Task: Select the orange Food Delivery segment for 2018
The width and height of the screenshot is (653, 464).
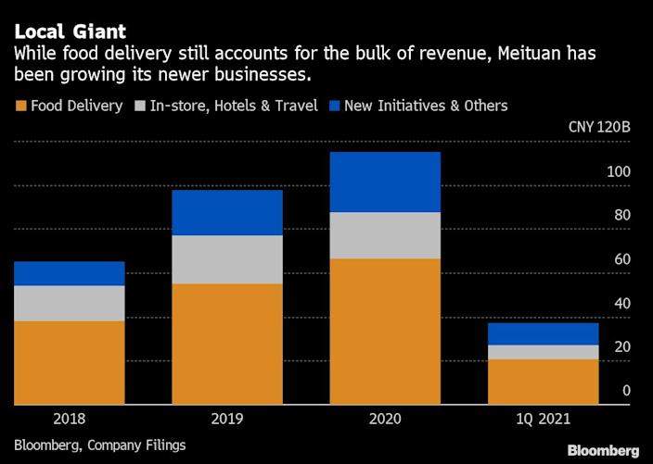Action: point(70,362)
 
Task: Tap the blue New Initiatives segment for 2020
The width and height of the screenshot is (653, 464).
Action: point(385,182)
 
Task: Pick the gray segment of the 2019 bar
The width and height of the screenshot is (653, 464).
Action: point(227,259)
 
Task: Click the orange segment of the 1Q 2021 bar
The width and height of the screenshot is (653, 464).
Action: point(543,382)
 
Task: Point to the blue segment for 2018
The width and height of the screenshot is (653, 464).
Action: point(70,273)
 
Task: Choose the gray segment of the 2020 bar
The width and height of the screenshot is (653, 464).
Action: point(385,235)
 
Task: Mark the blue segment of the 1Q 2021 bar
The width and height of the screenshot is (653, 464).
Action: point(543,333)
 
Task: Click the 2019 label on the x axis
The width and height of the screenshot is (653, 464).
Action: point(227,420)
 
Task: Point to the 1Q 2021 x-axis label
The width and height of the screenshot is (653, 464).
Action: point(543,420)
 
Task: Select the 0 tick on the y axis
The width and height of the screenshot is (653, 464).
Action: point(626,391)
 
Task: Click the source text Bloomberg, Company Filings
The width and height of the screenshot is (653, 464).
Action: point(100,445)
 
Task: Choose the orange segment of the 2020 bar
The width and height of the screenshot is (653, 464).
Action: point(385,332)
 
